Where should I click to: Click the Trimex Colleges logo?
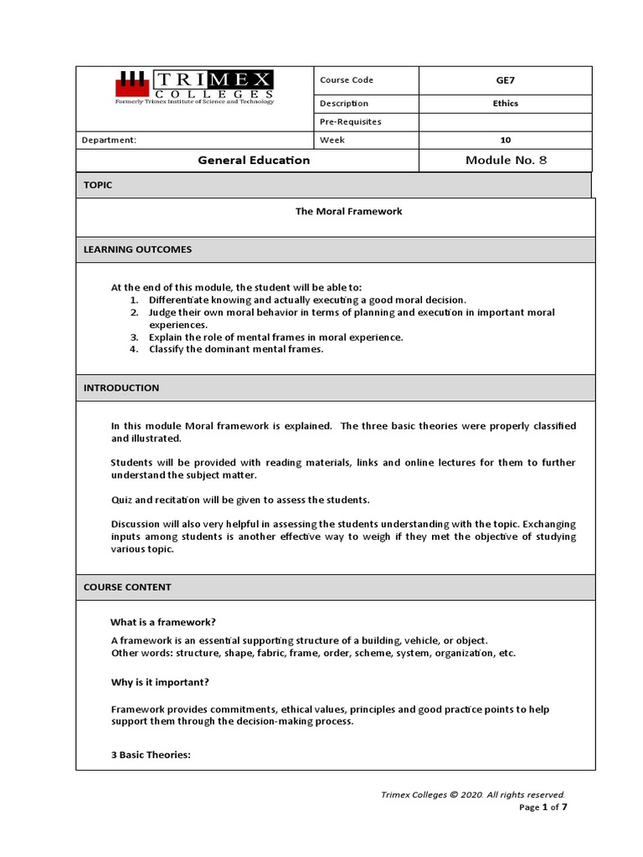[193, 88]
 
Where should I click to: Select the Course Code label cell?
[346, 80]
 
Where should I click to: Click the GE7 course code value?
[505, 80]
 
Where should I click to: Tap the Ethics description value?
[505, 104]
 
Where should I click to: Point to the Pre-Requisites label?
[350, 121]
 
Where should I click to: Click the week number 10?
[505, 140]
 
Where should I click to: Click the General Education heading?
[254, 160]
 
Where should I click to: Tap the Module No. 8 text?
[505, 160]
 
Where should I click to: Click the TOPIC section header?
[98, 185]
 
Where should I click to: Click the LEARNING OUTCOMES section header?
[137, 249]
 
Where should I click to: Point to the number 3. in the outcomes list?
[134, 337]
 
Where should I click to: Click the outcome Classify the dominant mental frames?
[235, 349]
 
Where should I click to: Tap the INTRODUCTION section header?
[121, 388]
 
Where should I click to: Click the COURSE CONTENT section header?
[127, 588]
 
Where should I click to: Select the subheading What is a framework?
[163, 622]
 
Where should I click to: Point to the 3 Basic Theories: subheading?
[152, 755]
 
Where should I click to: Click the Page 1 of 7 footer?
[543, 808]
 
